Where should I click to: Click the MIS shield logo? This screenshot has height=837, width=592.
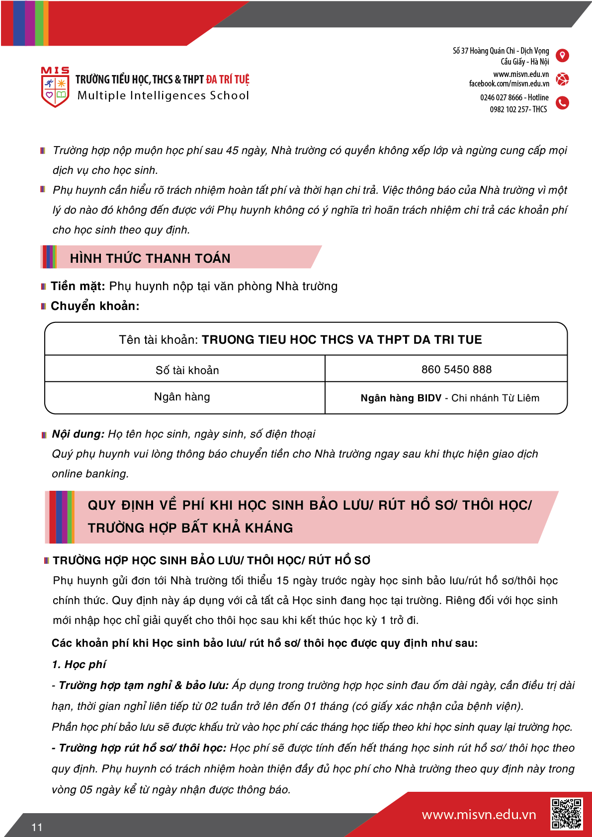coord(55,88)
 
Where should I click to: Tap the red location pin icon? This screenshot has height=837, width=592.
coord(562,56)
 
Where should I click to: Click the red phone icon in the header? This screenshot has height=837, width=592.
coord(562,103)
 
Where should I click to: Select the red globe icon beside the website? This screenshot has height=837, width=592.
coord(562,79)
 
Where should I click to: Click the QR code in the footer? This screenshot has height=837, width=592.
coord(566,814)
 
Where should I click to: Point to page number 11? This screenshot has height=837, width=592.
coord(37,827)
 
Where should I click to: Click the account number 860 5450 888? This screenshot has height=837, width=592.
coord(456,370)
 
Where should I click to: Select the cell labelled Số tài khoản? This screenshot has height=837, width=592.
coord(187,370)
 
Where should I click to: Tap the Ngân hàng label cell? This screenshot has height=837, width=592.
coord(182,397)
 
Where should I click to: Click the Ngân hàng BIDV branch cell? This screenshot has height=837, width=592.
coord(450,398)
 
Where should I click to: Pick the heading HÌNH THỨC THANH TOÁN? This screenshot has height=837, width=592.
coord(150,258)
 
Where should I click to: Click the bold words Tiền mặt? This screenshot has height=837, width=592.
coord(78,286)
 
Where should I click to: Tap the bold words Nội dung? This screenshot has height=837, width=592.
coord(78,434)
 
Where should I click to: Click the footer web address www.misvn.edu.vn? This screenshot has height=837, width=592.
coord(479,815)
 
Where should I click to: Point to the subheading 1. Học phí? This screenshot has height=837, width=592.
coord(79,665)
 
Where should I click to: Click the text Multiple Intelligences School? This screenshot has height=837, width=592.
coord(163,95)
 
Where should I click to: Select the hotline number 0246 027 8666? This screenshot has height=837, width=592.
coord(501,97)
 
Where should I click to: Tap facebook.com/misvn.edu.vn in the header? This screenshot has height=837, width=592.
coord(509,84)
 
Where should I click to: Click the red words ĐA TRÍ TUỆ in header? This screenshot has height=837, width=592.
coord(228,79)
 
